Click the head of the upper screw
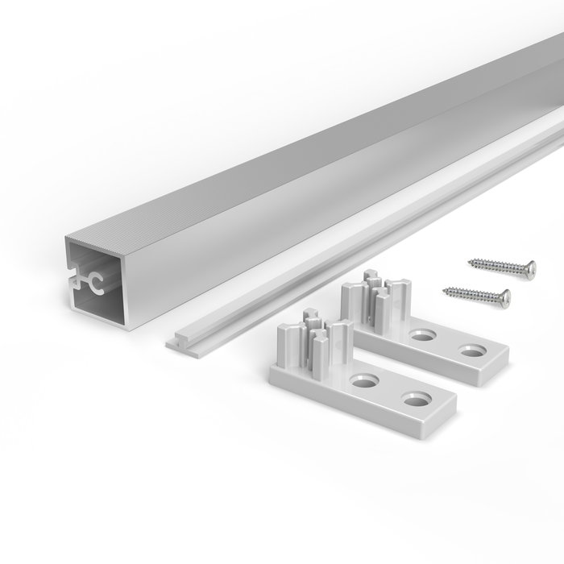[x=528, y=269]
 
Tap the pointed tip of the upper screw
[x=467, y=259]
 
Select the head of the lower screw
[x=503, y=300]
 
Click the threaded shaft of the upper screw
[x=496, y=264]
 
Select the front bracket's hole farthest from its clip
[x=417, y=399]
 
